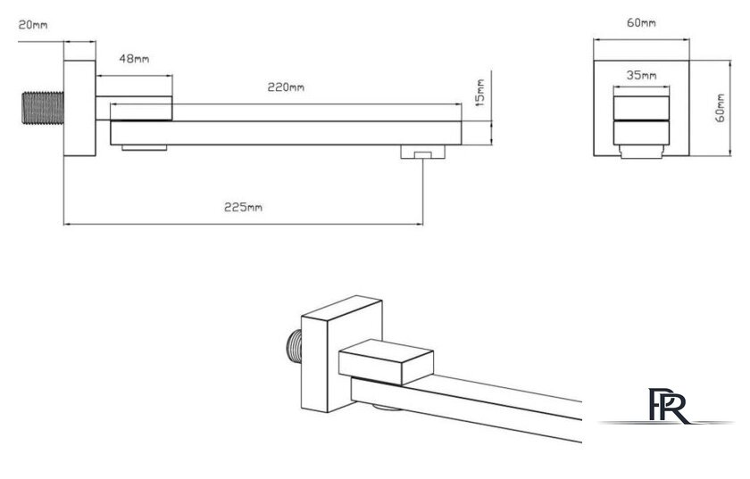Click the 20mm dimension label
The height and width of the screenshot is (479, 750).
pos(32,24)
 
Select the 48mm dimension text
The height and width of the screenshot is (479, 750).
pos(134,59)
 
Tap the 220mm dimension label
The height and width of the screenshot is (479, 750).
pos(286,87)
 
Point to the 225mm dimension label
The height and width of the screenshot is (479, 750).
pos(243,207)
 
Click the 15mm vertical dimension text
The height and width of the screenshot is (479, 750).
pos(480,93)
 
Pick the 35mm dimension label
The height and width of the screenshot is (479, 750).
pos(641,75)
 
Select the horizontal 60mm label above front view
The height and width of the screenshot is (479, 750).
pos(641,22)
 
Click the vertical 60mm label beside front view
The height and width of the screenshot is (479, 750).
pos(721,108)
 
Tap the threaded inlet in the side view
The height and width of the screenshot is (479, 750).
pos(43,108)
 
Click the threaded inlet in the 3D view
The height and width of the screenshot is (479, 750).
pos(294,345)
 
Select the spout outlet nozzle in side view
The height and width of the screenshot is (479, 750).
pos(422,152)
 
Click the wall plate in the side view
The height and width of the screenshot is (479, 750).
pos(79,108)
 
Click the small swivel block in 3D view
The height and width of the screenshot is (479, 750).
pos(386,362)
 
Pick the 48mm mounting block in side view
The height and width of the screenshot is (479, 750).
pos(135,108)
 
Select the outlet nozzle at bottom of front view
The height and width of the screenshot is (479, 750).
pos(641,151)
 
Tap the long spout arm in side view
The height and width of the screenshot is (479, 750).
pos(286,133)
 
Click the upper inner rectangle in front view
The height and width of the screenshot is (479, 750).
pos(641,108)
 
